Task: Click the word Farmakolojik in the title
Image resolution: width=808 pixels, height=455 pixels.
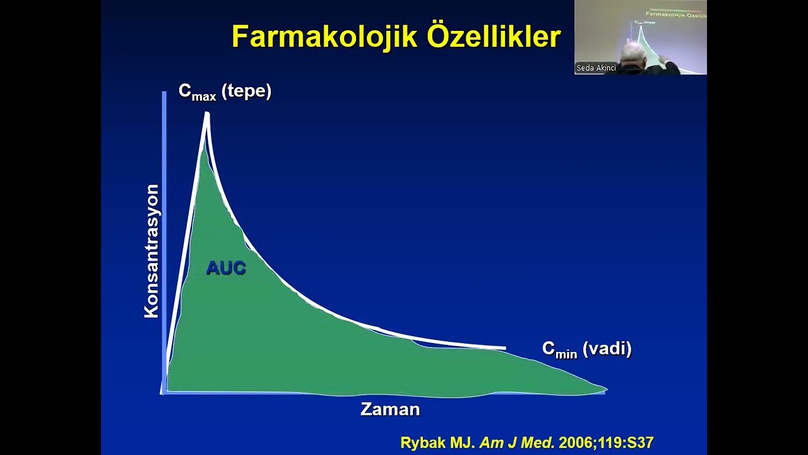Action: tap(324, 37)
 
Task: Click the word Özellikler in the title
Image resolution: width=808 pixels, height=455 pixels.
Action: tap(494, 37)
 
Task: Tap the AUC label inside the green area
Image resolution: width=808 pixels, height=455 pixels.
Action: tap(225, 268)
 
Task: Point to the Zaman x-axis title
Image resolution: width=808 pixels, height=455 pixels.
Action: tap(390, 409)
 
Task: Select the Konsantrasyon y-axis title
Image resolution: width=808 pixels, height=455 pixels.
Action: tap(151, 251)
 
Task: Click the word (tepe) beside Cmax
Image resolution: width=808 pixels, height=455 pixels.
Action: tap(246, 91)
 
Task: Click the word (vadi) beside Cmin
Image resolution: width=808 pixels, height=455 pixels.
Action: tap(607, 348)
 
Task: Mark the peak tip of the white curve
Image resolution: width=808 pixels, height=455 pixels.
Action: tap(206, 114)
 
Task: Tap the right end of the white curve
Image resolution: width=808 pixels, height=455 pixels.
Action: tap(504, 348)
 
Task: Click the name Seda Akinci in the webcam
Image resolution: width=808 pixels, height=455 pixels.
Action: tap(596, 68)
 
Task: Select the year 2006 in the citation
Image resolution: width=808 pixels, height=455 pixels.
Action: tap(575, 443)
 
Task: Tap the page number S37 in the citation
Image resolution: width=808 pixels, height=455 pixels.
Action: tap(638, 443)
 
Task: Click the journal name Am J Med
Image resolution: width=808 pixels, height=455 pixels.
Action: tap(517, 443)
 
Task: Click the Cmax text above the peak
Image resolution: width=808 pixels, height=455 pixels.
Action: tap(197, 92)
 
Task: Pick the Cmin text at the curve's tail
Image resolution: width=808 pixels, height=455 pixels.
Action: tap(559, 349)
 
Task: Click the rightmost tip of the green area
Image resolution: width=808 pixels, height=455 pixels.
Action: tap(606, 389)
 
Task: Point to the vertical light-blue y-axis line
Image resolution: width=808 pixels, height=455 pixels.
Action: tap(164, 240)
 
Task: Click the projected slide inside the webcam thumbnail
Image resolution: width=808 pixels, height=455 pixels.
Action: tap(672, 32)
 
